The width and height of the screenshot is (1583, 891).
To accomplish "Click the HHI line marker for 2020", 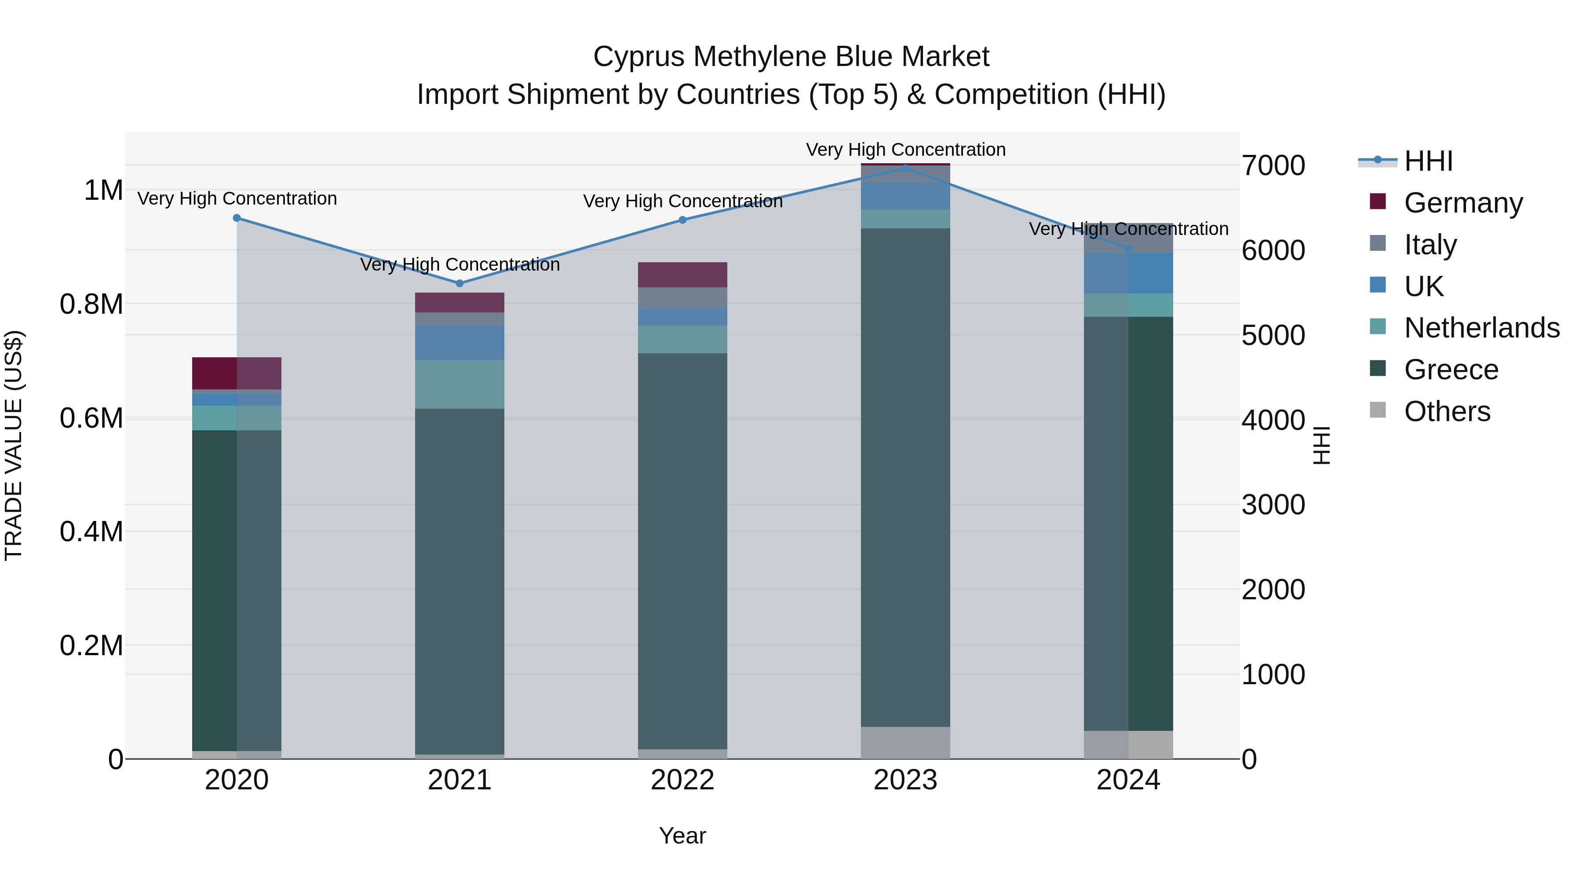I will (237, 218).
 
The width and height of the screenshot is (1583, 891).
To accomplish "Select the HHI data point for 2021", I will (460, 283).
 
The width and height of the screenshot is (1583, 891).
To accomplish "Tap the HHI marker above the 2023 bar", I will (905, 167).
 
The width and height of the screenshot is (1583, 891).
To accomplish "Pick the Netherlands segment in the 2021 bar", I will (460, 384).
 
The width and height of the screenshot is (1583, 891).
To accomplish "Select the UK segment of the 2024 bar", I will (1128, 273).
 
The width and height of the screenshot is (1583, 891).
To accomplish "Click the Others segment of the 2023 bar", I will (905, 742).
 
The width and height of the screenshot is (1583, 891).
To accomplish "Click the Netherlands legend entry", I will (1481, 328).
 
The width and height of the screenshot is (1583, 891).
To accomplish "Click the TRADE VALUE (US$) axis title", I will (14, 445).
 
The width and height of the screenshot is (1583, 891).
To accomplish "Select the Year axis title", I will (682, 836).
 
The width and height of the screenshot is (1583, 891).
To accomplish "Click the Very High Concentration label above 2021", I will (460, 264).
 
